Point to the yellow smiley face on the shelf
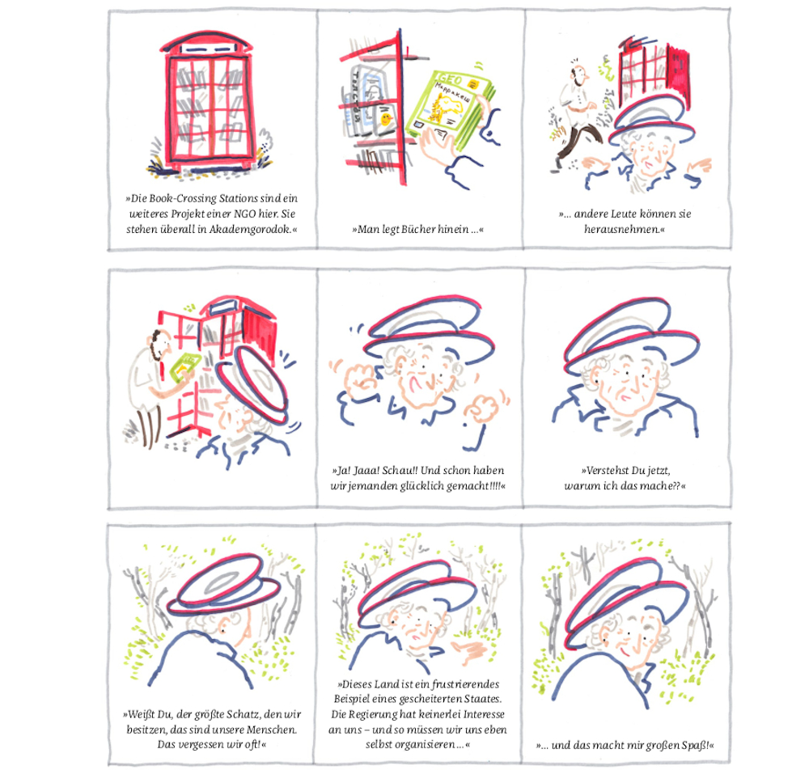pos(385,121)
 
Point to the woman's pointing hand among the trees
pos(468,651)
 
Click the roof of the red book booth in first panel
pos(206,42)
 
